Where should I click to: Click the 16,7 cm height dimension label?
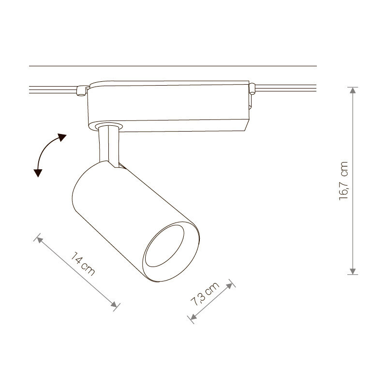point(343,181)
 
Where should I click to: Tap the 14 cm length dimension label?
point(82,264)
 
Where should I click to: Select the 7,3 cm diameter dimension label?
point(205,294)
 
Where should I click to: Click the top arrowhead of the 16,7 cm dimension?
point(353,90)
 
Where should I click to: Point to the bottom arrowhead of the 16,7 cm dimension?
point(353,271)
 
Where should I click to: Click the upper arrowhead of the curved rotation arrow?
point(62,137)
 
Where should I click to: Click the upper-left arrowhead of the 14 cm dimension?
point(40,239)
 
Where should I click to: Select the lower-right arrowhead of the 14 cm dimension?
point(114,304)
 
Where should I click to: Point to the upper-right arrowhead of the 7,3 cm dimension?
point(229,286)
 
